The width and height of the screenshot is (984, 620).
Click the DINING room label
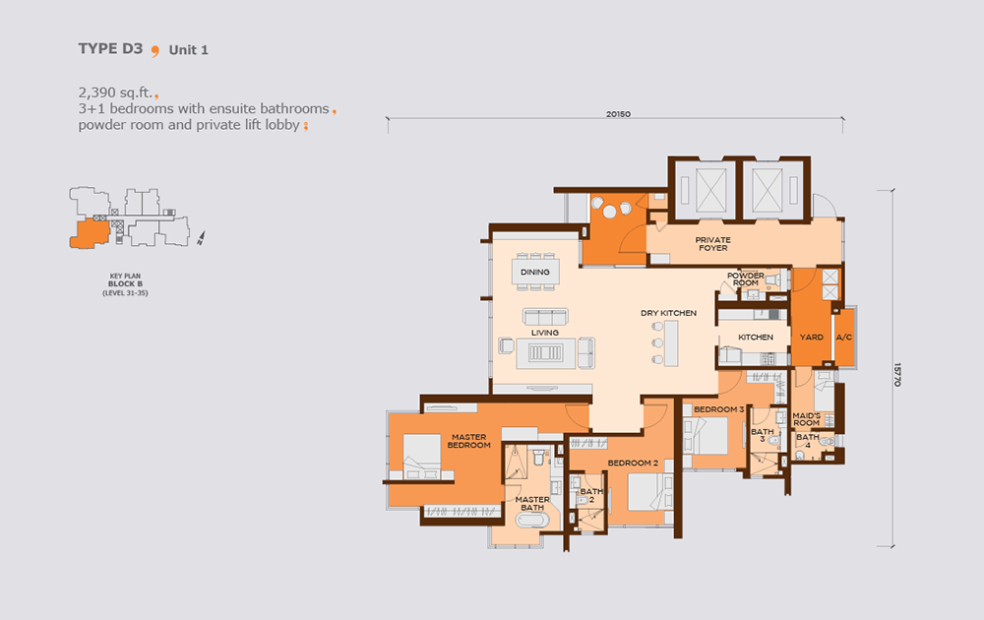tap(534, 273)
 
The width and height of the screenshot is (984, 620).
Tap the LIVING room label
tap(545, 333)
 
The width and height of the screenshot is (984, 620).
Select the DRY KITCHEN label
tap(668, 313)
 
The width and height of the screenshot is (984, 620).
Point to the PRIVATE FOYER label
tap(712, 244)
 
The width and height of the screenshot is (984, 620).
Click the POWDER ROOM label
tap(746, 279)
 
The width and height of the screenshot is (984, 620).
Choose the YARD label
tap(812, 338)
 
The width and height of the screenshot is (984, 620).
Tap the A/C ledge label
tap(844, 338)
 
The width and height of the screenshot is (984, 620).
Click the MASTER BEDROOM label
tap(468, 441)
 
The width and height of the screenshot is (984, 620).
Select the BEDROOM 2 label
tap(633, 464)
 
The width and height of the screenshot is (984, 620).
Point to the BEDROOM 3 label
tap(718, 409)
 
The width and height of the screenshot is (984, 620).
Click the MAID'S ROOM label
tap(807, 419)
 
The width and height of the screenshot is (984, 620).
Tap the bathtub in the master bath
tap(532, 521)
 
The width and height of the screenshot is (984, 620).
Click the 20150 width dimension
tap(618, 114)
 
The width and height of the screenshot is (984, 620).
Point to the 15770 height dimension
tap(897, 375)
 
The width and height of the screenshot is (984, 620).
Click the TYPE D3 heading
tap(110, 49)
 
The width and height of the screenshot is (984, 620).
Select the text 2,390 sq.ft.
tap(115, 93)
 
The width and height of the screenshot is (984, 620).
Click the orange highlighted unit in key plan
tap(90, 233)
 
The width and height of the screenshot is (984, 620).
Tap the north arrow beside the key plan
tap(201, 238)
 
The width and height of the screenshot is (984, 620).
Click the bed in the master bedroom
tap(422, 457)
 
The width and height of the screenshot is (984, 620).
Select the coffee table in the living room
tap(545, 352)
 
